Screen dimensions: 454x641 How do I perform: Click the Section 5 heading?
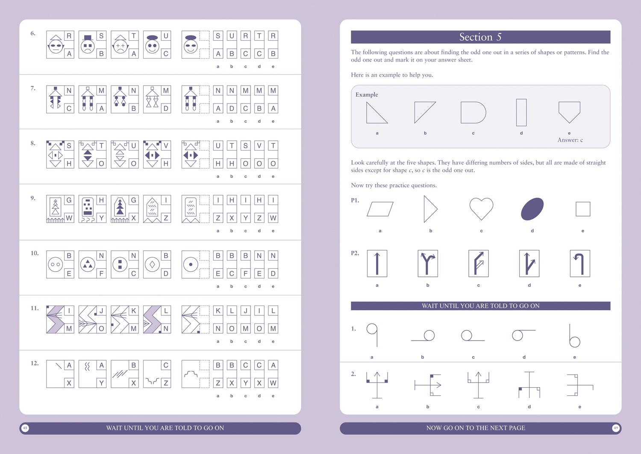tap(480, 37)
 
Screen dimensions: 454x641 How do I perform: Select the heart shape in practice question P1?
tap(481, 208)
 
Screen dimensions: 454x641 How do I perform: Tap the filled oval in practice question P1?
tap(532, 209)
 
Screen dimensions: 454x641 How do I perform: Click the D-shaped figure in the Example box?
tap(473, 113)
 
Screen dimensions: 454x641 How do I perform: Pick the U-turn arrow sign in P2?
tap(579, 264)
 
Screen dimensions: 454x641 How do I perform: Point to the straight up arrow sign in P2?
tap(377, 264)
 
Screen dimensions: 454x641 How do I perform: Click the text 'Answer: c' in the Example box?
tap(570, 140)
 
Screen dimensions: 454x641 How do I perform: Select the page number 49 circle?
tap(615, 428)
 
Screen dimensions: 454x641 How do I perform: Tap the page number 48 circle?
tap(25, 428)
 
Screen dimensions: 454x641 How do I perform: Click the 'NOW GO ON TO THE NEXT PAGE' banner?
tap(475, 428)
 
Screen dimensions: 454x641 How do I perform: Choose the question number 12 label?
tap(35, 363)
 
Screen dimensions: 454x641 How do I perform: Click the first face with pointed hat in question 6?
tap(55, 45)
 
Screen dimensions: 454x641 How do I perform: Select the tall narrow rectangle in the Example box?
tap(521, 113)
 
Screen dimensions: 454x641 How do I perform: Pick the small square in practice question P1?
tap(583, 209)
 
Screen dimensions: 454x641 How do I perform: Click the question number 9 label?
tap(33, 198)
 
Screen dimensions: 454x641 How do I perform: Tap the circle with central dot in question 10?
tap(191, 264)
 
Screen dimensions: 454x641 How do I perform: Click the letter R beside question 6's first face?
tap(69, 36)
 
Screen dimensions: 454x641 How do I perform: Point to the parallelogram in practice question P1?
tap(380, 209)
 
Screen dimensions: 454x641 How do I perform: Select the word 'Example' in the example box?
tap(367, 95)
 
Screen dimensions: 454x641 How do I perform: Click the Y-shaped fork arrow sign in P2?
tap(427, 264)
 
